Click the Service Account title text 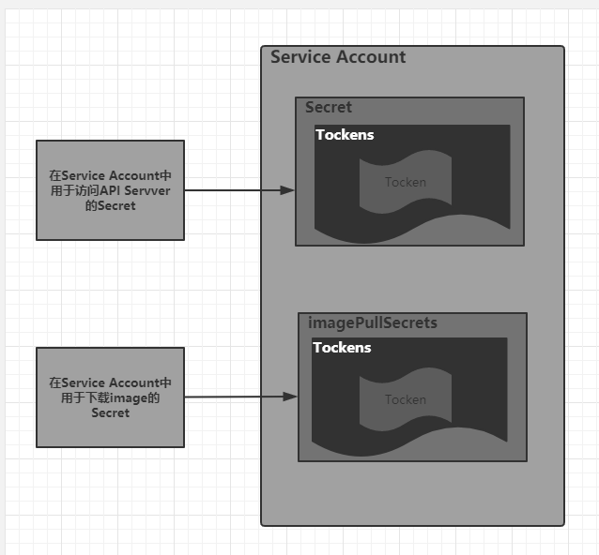338,57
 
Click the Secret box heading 329,107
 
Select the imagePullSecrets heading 373,322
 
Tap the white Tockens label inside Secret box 345,135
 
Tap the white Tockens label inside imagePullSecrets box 342,348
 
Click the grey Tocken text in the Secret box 406,182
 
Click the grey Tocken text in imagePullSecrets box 406,399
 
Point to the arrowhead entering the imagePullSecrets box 291,397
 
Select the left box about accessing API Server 110,190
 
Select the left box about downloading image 110,397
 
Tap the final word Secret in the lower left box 110,412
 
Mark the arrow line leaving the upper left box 235,190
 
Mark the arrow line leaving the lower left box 235,397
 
